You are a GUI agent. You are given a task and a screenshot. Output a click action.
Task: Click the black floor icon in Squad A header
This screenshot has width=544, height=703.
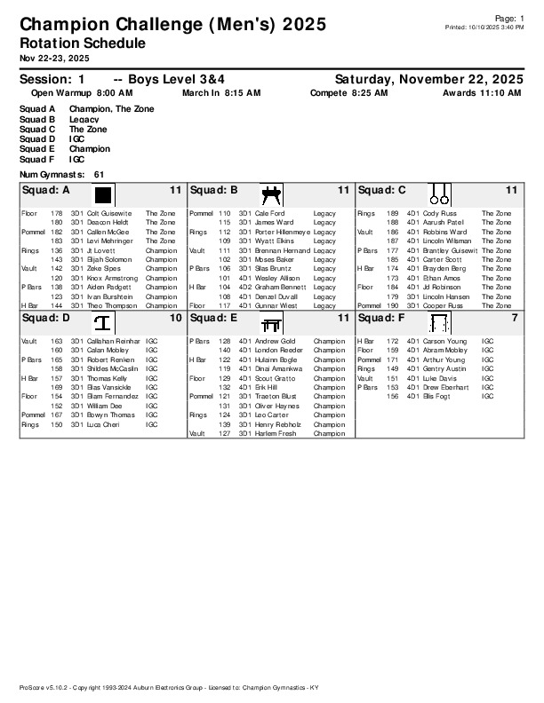(x=102, y=194)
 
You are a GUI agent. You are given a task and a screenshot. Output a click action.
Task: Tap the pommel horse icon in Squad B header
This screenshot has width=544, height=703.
(x=270, y=194)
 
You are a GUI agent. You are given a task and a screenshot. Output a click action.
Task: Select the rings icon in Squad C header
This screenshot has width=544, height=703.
(x=438, y=194)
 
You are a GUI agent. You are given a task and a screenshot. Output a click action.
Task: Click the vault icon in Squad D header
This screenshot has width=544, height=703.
(x=102, y=322)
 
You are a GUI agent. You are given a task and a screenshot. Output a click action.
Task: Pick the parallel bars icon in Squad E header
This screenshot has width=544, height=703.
(x=270, y=322)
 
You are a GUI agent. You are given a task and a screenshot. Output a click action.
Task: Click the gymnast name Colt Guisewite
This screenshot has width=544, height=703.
(x=108, y=214)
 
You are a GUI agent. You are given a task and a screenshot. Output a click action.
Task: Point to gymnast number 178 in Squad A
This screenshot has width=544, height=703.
(x=56, y=214)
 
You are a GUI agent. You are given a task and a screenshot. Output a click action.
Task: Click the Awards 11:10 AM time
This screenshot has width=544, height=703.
(x=482, y=92)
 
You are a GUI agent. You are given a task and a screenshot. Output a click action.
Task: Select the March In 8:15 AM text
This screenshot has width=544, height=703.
(x=221, y=92)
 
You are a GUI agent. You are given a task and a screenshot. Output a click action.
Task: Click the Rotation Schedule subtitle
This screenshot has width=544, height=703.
(x=82, y=43)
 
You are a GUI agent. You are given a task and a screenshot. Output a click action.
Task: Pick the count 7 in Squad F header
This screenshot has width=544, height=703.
(x=515, y=317)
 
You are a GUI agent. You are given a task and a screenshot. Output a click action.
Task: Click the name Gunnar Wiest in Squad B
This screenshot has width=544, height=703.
(x=276, y=305)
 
